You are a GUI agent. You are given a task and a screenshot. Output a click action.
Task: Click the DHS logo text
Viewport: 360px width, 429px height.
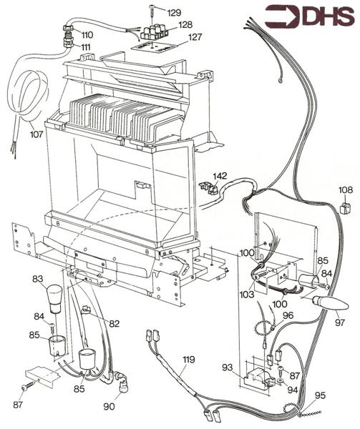point(323,16)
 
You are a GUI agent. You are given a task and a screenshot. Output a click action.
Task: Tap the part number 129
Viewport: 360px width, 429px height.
point(174,12)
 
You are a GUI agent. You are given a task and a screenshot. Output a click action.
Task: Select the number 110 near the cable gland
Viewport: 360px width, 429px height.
point(87,34)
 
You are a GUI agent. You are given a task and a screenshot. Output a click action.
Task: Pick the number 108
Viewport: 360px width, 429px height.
point(345,191)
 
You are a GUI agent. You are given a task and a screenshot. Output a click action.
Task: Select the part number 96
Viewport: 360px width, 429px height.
point(288,315)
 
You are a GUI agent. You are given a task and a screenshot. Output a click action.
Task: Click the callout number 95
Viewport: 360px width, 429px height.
point(319,395)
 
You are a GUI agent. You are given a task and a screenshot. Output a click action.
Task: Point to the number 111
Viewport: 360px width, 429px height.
point(85,46)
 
